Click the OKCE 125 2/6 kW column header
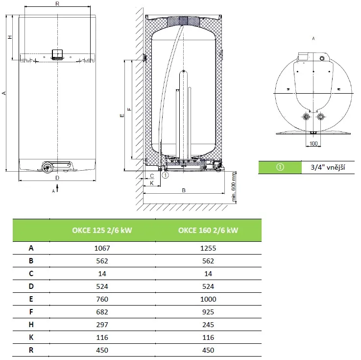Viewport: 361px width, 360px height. (x=102, y=230)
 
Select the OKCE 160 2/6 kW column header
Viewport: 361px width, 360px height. (x=208, y=230)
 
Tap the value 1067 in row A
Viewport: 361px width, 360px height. (x=102, y=248)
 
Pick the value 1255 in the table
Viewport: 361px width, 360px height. (x=208, y=248)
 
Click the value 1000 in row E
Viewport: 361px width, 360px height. (x=208, y=299)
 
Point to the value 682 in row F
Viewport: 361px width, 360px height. (x=102, y=312)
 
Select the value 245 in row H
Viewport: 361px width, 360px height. (x=208, y=325)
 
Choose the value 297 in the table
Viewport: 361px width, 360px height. (x=102, y=325)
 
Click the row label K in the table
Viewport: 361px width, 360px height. (x=31, y=337)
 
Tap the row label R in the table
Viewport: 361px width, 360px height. (x=31, y=350)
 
